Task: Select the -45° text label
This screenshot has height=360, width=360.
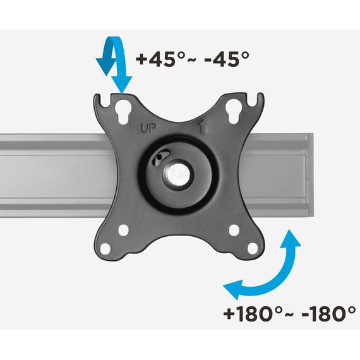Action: (x=227, y=59)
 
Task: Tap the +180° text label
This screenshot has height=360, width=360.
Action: (x=253, y=314)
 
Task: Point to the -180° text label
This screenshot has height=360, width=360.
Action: (x=329, y=314)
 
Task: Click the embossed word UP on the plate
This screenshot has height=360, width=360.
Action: (x=148, y=128)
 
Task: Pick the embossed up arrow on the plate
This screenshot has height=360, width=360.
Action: (x=203, y=127)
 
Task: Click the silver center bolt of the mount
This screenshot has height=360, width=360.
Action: (x=178, y=174)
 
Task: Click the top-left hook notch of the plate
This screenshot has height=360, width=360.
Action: (x=105, y=100)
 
